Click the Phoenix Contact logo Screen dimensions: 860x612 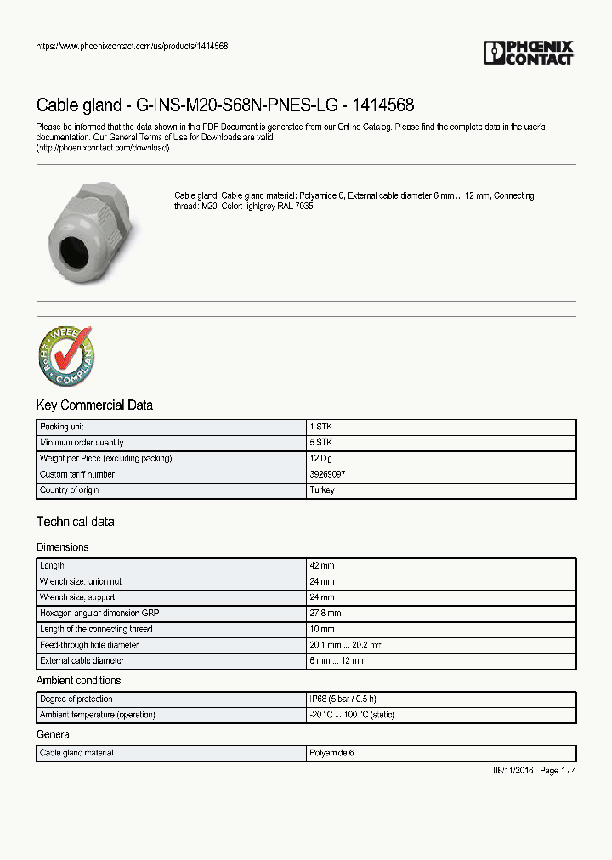click(528, 53)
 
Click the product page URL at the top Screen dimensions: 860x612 click(132, 46)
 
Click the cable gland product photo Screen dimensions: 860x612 click(88, 229)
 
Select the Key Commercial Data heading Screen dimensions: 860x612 click(94, 405)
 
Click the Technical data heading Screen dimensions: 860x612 click(75, 522)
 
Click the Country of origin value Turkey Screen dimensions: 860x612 click(323, 490)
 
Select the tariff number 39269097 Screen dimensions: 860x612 click(328, 474)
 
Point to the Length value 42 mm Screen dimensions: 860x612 click(322, 566)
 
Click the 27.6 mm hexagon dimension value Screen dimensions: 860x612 click(326, 614)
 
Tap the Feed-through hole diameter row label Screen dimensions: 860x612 click(89, 645)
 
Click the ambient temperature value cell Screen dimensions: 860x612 click(352, 715)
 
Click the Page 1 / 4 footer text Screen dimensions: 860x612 click(557, 770)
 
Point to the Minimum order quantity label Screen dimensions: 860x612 click(82, 443)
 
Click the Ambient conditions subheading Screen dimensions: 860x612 click(78, 681)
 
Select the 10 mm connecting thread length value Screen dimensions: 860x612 click(322, 630)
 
